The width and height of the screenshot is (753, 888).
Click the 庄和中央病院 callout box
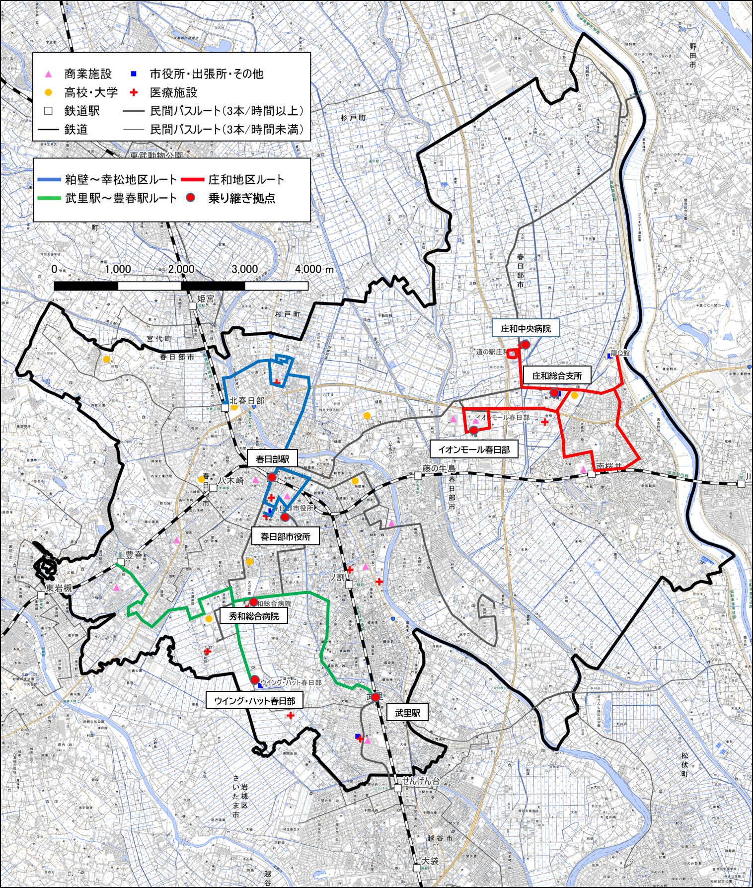(526, 328)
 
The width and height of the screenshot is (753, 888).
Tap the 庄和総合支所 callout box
(557, 375)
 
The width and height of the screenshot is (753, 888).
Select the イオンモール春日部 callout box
(474, 449)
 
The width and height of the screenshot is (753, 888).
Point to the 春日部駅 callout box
(272, 459)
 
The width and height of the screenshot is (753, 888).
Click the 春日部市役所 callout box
(285, 536)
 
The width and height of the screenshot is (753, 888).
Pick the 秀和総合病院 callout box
(254, 616)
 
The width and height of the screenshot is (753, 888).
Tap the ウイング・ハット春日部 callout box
(254, 701)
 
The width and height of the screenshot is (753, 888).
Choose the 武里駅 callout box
(407, 713)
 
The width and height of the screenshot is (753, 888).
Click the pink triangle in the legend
(48, 74)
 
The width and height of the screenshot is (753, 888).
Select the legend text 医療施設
(173, 92)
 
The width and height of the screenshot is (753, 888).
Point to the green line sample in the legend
(49, 198)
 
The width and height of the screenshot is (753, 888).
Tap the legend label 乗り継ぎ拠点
(241, 198)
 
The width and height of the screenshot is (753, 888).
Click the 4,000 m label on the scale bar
(314, 269)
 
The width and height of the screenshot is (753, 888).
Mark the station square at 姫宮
(192, 305)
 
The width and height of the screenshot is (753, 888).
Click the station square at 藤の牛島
(418, 475)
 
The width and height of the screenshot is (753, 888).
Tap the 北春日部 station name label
(247, 401)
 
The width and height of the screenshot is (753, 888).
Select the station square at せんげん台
(398, 788)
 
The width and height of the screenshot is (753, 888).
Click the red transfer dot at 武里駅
(376, 697)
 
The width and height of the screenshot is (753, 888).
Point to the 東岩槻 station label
(59, 588)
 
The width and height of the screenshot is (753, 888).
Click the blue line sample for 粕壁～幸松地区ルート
(49, 179)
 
